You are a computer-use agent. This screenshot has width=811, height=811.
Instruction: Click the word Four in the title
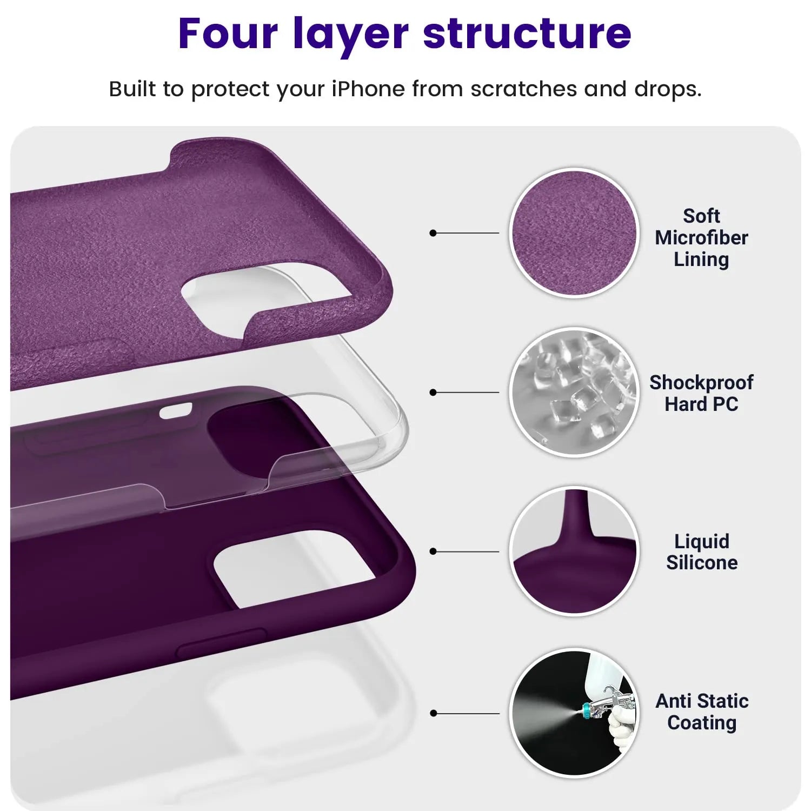point(228,34)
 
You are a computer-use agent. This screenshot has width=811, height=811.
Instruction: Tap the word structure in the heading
point(527,34)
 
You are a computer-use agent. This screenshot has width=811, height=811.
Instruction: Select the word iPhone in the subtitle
point(368,89)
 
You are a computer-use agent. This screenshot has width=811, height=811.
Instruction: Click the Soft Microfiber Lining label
point(701,237)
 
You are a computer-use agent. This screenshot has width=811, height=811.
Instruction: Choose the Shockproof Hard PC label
point(701,393)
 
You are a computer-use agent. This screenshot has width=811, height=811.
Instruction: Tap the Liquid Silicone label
point(702,551)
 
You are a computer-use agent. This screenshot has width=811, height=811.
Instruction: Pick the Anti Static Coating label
point(702,712)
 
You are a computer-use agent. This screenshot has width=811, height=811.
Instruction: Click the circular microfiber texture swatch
point(574,233)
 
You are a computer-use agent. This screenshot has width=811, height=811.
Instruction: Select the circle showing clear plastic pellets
point(574,392)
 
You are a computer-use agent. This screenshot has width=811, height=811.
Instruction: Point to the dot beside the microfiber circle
point(433,233)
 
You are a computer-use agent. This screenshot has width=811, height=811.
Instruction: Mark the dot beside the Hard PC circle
point(433,392)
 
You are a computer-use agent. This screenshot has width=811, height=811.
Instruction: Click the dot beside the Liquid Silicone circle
point(433,551)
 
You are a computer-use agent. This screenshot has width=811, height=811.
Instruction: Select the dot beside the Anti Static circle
point(433,713)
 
